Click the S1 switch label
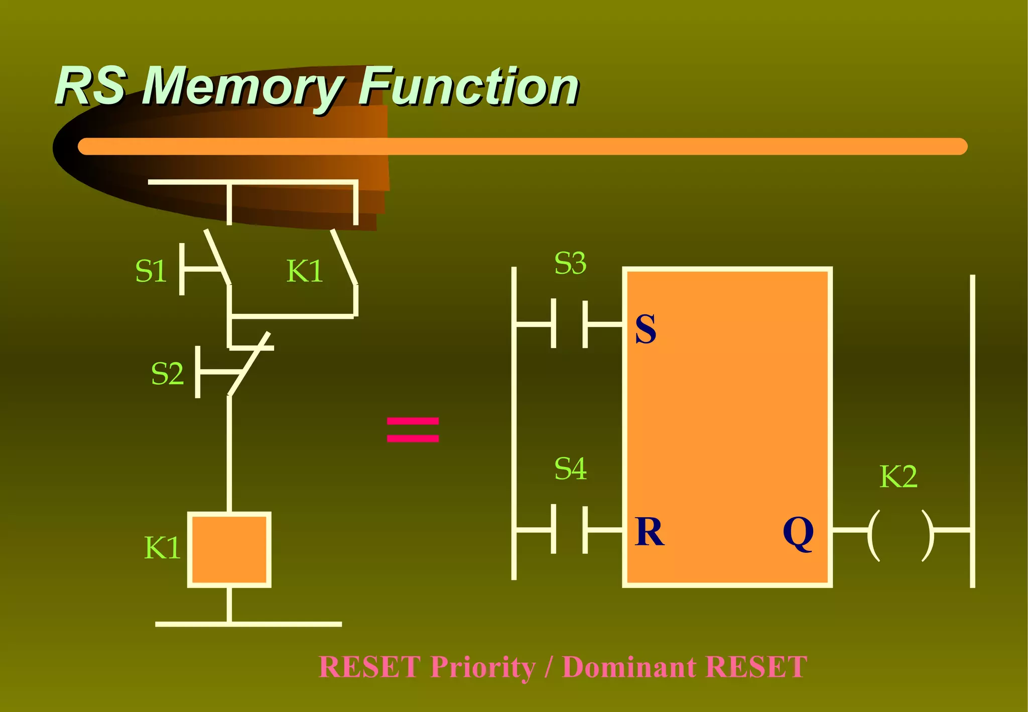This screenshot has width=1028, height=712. point(151,272)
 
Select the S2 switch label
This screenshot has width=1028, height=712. point(167,374)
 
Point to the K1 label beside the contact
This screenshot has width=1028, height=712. point(304,272)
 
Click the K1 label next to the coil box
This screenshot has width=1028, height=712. point(162,548)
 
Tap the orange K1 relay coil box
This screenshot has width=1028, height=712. point(229,550)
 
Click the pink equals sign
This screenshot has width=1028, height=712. point(413,430)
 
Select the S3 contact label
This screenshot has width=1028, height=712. point(570,263)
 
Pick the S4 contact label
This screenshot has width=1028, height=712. point(570,469)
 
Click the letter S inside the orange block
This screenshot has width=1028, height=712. point(646,329)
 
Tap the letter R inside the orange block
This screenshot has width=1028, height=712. point(649,532)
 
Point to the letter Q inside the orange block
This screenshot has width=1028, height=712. point(798,533)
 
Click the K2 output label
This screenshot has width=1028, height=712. point(898,477)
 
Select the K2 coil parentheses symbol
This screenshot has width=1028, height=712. point(901,535)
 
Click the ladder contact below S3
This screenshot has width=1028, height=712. point(569,324)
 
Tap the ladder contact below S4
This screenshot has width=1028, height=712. point(569,529)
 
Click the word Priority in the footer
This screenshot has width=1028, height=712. point(483,667)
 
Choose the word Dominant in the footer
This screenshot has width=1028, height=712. point(629,667)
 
